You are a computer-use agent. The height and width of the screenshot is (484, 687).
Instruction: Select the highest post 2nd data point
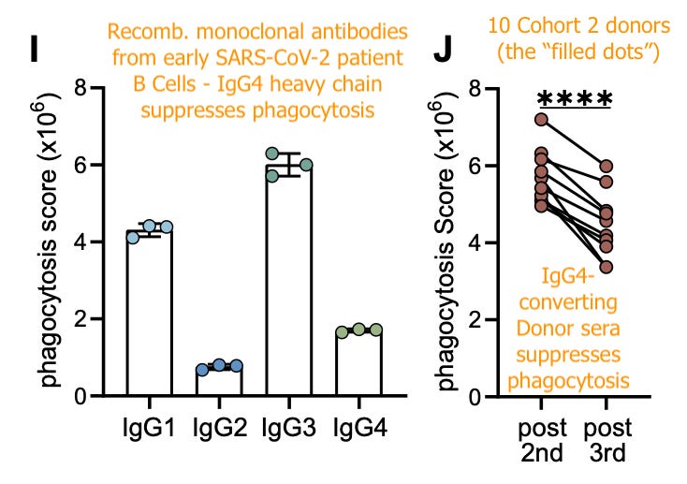click(x=541, y=119)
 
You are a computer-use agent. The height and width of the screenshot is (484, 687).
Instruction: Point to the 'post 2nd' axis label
click(x=541, y=442)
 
